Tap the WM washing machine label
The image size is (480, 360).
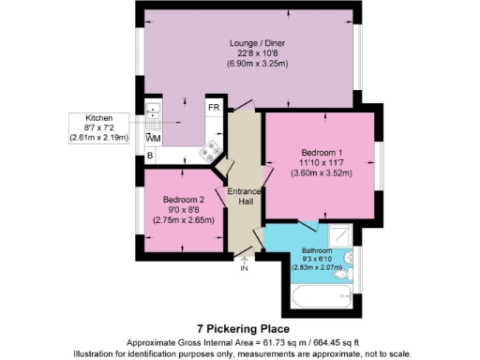(x=154, y=139)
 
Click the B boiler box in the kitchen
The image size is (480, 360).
(x=150, y=156)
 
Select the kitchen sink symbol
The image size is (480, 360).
(x=153, y=117)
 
